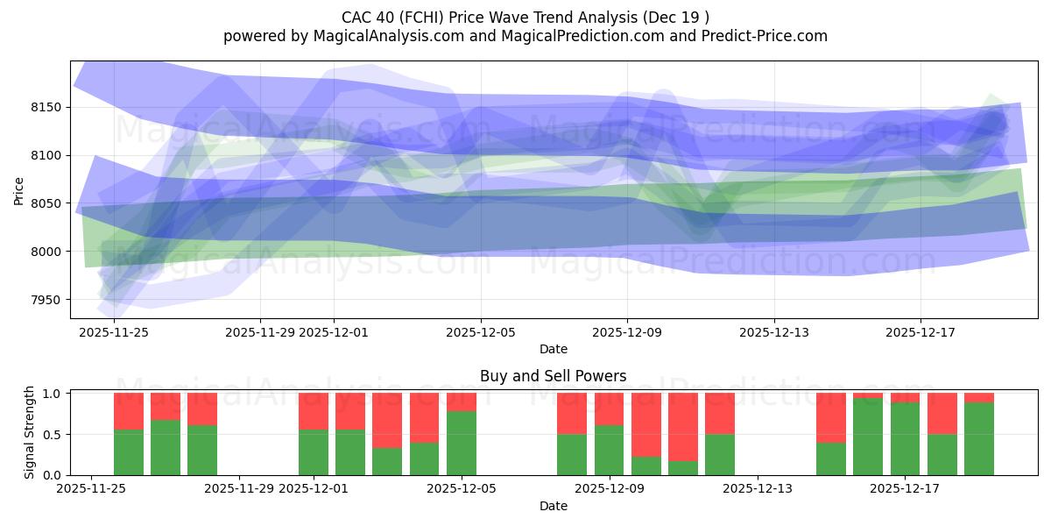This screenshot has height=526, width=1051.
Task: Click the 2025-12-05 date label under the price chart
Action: (x=480, y=332)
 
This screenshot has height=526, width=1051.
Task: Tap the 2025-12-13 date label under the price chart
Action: (x=773, y=332)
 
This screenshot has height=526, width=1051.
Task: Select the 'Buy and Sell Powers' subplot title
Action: (x=553, y=376)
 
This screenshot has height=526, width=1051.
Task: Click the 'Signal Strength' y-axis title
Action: (x=30, y=433)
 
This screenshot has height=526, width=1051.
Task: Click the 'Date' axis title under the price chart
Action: (x=553, y=349)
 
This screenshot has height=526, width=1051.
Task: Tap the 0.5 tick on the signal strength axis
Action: (x=52, y=434)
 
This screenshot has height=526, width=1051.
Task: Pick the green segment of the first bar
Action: (x=129, y=452)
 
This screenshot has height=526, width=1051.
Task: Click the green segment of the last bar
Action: (x=978, y=438)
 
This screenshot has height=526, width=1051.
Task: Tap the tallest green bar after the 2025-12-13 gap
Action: (x=868, y=437)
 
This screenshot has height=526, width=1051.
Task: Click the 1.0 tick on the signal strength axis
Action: (x=52, y=393)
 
